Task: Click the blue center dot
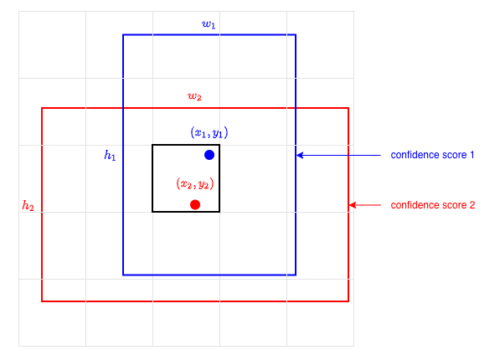point(209,155)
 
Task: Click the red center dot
point(195,205)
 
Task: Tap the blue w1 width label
point(209,24)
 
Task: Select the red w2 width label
point(194,96)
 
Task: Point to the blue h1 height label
point(110,155)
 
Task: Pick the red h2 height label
point(28,206)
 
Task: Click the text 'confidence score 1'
point(432,155)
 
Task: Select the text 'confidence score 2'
point(433,205)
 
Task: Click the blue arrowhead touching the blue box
point(300,155)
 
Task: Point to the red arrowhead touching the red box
point(353,205)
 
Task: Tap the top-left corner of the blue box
point(123,35)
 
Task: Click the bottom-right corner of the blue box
point(296,275)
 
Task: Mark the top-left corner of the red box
point(42,108)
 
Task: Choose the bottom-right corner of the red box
point(348,301)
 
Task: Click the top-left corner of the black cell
point(152,145)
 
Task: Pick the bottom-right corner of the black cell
point(219,212)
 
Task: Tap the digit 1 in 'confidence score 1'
point(472,155)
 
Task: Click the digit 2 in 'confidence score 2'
point(472,205)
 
